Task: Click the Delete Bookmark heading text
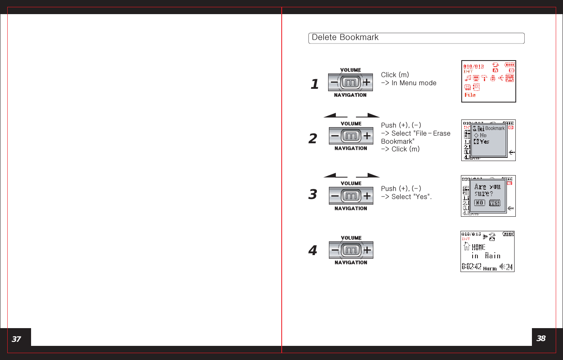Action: tap(345, 38)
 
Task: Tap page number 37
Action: tap(16, 339)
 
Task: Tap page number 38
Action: tap(541, 338)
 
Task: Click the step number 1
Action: tap(314, 84)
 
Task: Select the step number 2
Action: tap(313, 139)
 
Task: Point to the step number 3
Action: tap(313, 195)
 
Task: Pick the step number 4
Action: tap(313, 251)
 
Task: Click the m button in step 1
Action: tap(351, 83)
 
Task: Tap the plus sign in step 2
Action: tap(367, 136)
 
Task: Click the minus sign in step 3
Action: tap(335, 196)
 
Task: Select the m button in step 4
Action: tap(351, 250)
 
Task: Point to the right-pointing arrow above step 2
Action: tap(368, 116)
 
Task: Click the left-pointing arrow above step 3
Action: tap(335, 176)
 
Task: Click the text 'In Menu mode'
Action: tap(414, 83)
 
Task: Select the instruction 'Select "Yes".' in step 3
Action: tap(411, 197)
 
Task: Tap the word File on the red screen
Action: tap(470, 95)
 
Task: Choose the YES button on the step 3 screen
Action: tap(495, 203)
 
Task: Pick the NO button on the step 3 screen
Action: tap(479, 203)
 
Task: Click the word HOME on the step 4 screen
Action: tap(479, 247)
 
